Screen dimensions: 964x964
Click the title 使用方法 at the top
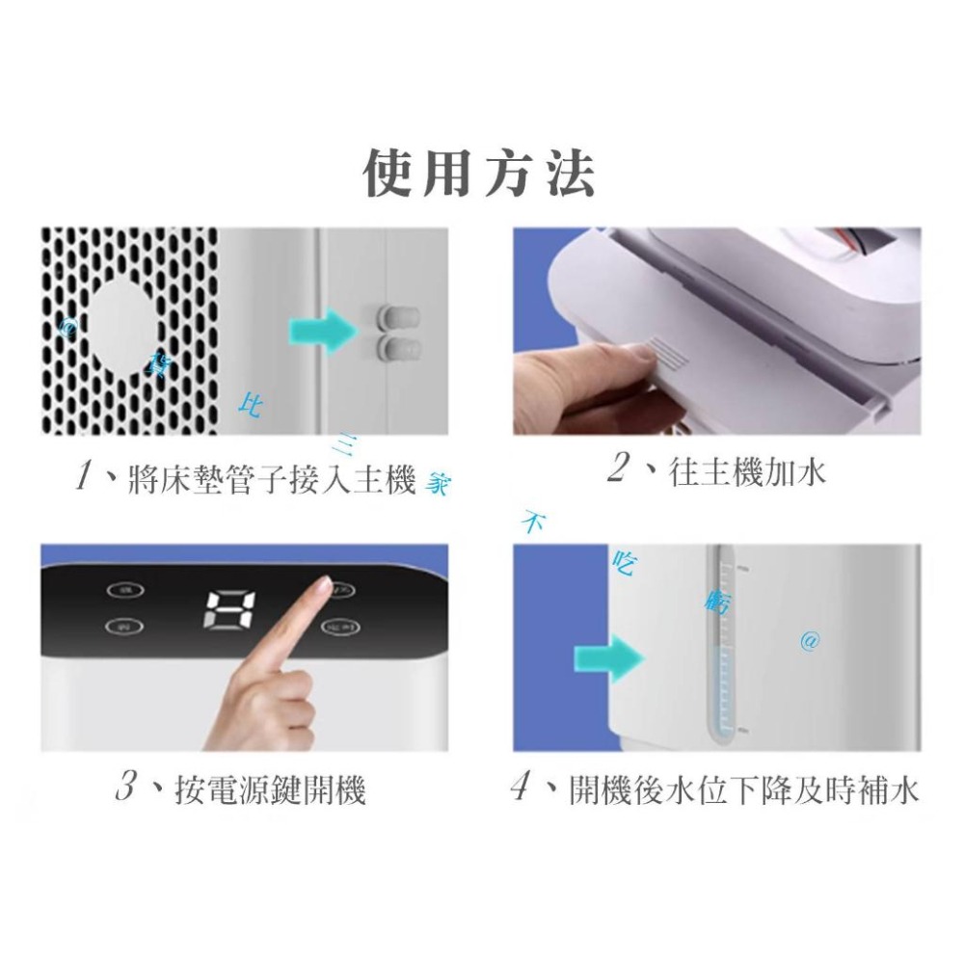click(479, 174)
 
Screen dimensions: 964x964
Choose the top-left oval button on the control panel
click(120, 588)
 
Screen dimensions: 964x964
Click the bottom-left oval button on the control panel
click(120, 627)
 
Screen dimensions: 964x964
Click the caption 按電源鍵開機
click(271, 791)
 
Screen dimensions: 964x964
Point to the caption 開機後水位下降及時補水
click(743, 791)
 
